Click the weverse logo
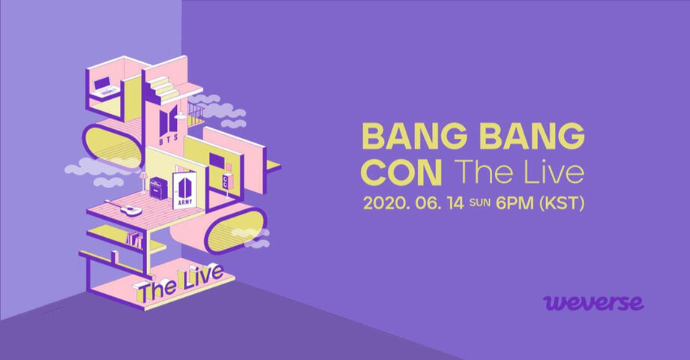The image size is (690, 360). [593, 303]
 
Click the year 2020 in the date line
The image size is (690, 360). [381, 203]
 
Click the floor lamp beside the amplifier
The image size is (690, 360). [143, 182]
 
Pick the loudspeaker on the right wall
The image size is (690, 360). [226, 180]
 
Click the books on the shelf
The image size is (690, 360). [135, 240]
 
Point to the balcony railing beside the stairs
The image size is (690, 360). [196, 115]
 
